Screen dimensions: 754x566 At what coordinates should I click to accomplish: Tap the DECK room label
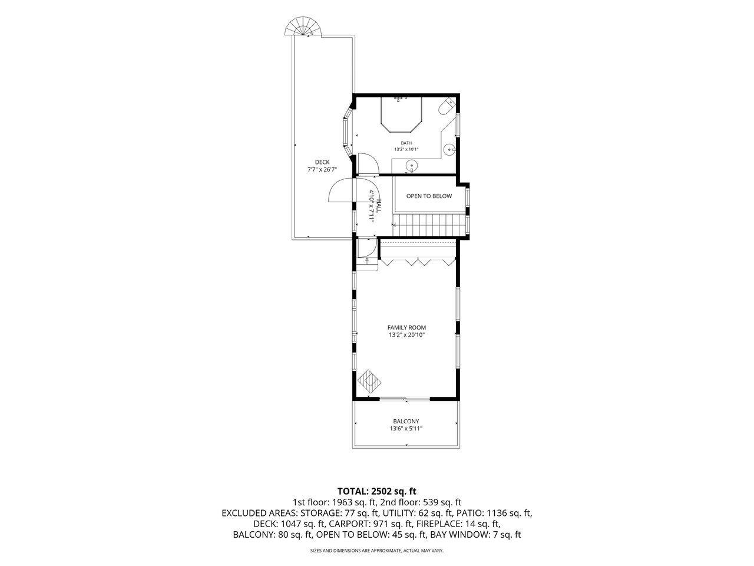tap(322, 162)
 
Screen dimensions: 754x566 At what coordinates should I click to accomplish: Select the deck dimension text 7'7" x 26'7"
tap(322, 169)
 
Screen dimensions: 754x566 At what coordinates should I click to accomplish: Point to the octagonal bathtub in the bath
tap(401, 114)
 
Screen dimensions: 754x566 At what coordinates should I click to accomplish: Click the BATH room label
tap(406, 143)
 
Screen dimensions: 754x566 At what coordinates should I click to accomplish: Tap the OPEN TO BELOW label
tap(429, 196)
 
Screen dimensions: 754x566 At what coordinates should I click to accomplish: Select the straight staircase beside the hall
tap(429, 225)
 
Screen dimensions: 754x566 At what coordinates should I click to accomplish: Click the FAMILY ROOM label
tap(406, 328)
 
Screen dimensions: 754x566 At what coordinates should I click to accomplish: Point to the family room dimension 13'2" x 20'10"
tap(406, 335)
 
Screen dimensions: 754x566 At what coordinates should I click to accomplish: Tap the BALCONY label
tap(406, 422)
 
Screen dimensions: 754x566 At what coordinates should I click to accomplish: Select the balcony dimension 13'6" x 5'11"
tap(406, 429)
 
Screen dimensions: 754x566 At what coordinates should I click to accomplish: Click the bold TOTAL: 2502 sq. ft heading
tap(377, 491)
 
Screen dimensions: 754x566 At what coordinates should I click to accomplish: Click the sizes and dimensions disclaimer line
tap(377, 551)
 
